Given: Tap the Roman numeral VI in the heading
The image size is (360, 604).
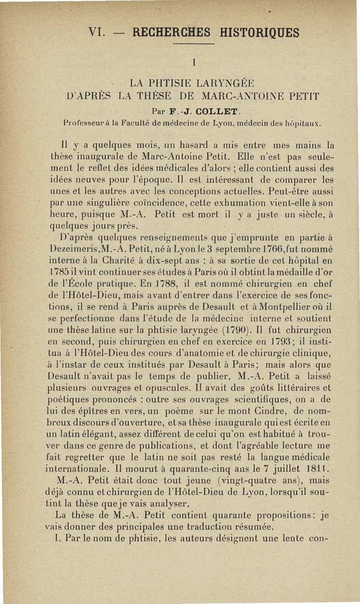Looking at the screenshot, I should pyautogui.click(x=98, y=33).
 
